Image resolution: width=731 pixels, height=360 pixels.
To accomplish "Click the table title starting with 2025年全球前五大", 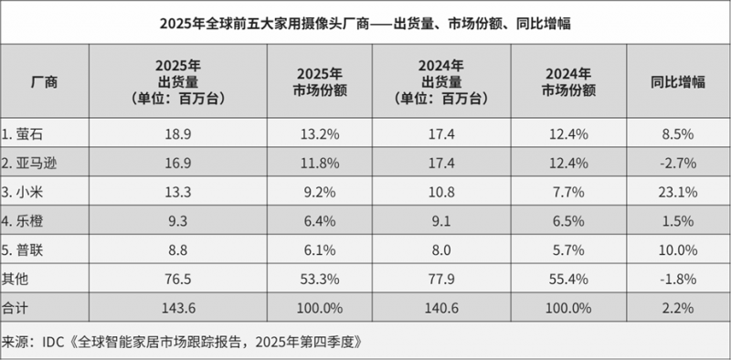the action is pyautogui.click(x=365, y=24).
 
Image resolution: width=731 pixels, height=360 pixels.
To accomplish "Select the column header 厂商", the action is pyautogui.click(x=44, y=82).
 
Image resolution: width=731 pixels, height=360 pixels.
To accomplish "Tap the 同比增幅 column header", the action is pyautogui.click(x=678, y=82).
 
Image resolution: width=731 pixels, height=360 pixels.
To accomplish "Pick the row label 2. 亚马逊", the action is pyautogui.click(x=29, y=164).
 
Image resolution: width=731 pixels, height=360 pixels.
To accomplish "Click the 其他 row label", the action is pyautogui.click(x=16, y=280).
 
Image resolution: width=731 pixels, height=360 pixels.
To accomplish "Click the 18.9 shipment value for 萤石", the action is pyautogui.click(x=177, y=134).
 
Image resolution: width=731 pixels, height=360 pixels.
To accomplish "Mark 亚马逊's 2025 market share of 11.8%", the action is pyautogui.click(x=319, y=164).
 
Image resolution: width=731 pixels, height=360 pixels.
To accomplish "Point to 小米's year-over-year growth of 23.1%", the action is pyautogui.click(x=678, y=193).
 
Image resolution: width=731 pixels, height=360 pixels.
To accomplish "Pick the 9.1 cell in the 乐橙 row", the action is pyautogui.click(x=441, y=221).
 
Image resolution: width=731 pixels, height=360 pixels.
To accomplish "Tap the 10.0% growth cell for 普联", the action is pyautogui.click(x=678, y=250).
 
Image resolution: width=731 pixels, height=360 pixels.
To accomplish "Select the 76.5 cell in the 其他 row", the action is pyautogui.click(x=177, y=280).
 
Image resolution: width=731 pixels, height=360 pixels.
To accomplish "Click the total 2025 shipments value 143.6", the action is pyautogui.click(x=177, y=308).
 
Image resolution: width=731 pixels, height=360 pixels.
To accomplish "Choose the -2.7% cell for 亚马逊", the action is pyautogui.click(x=678, y=164).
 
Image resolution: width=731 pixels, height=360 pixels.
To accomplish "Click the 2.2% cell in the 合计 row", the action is pyautogui.click(x=678, y=308).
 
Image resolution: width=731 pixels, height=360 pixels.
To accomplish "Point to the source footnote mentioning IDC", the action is pyautogui.click(x=182, y=342).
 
